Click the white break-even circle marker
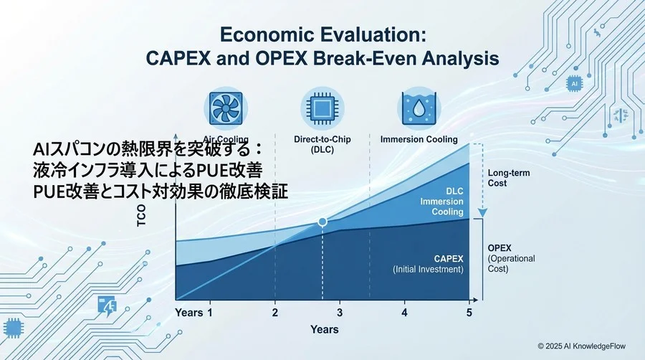322,222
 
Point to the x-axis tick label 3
340,313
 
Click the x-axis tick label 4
404,313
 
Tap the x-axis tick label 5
469,313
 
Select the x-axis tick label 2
274,313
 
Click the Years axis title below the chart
324,329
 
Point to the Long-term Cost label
507,178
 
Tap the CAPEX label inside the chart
448,258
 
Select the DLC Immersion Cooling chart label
443,202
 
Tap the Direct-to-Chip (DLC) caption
322,144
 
